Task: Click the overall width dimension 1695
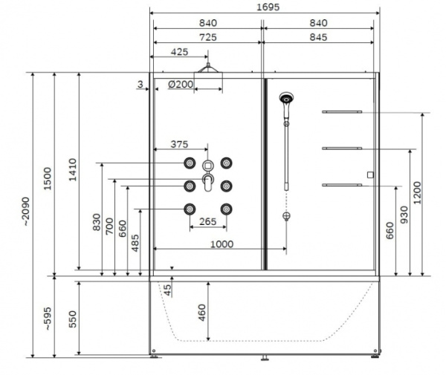tap(263, 7)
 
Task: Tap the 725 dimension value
tap(207, 36)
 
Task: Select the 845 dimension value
tap(317, 36)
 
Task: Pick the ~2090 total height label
tap(27, 212)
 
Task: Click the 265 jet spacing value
tap(208, 221)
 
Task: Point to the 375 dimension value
tap(178, 144)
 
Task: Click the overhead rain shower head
tap(210, 69)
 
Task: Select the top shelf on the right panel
tap(342, 111)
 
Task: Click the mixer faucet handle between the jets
tap(207, 181)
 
